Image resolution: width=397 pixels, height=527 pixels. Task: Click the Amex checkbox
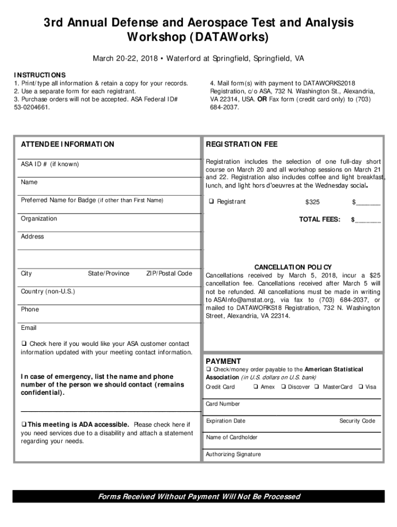point(256,387)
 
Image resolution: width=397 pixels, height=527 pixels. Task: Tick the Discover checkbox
point(283,387)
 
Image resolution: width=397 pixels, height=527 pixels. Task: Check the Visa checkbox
point(361,387)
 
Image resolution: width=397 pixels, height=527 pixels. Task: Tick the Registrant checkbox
point(211,202)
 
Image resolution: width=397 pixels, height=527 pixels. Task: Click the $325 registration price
point(312,202)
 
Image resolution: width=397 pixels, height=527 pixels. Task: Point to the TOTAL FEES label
point(320,220)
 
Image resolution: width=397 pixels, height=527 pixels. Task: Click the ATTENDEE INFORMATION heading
point(68,145)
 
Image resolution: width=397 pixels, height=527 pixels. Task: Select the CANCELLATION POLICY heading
point(293,267)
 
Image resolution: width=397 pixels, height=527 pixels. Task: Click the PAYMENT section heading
point(223,361)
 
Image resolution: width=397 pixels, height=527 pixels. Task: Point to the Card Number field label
point(223,404)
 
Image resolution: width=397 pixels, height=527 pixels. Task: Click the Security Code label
point(357,421)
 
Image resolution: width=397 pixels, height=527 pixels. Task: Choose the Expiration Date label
point(226,421)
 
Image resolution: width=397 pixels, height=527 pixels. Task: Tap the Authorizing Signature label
point(233,454)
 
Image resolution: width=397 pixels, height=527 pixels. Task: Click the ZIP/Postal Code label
point(169,273)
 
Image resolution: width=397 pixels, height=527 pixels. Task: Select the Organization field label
point(39,219)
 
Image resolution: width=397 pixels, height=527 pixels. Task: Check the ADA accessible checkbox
point(24,425)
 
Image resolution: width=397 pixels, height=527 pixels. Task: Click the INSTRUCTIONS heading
point(40,75)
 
